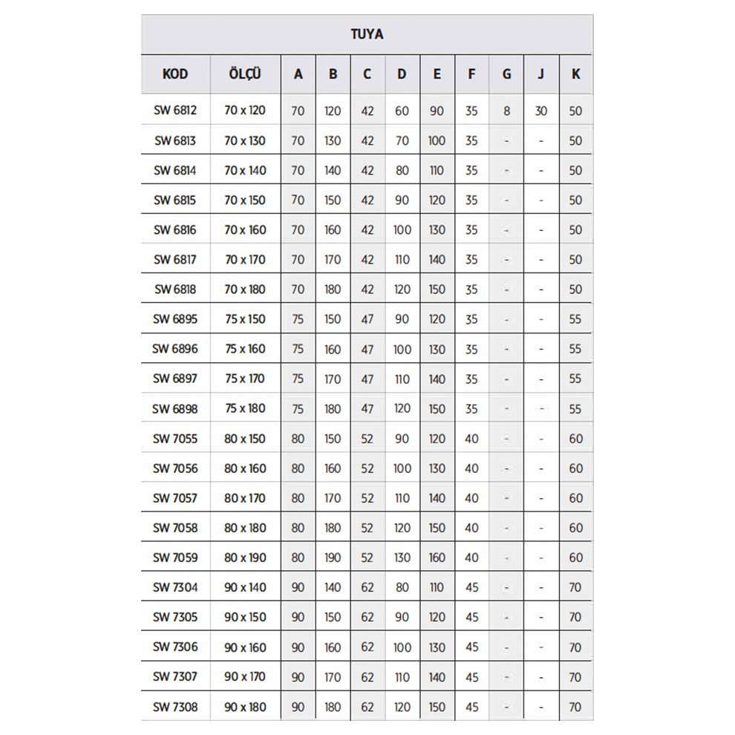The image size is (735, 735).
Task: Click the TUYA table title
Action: coord(367,34)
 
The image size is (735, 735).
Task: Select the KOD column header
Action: coord(175,74)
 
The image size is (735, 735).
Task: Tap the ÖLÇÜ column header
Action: coord(245,74)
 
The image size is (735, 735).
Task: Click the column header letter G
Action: coord(506,74)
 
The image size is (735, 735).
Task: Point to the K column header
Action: coord(576,74)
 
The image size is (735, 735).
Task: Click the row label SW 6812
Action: coord(175,111)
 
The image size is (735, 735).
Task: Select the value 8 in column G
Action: coord(506,111)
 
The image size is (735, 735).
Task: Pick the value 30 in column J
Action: coord(541,111)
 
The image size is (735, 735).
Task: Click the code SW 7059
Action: coord(175,558)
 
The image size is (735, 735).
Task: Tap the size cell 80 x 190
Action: coord(245,558)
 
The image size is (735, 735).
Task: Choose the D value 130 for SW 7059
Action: coord(402,558)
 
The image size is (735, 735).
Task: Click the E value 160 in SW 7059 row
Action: coord(437,558)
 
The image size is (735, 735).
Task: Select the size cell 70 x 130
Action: coord(245,140)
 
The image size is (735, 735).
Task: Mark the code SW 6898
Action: coord(175,408)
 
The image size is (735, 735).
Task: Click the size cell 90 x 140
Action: coord(245,587)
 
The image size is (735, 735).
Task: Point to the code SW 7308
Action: coord(175,707)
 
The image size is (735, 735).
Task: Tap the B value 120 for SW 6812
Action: coord(333,111)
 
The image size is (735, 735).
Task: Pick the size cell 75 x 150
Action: coord(245,319)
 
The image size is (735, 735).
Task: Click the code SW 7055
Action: coord(175,439)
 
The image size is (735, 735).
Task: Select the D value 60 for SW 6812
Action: coord(402,111)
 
